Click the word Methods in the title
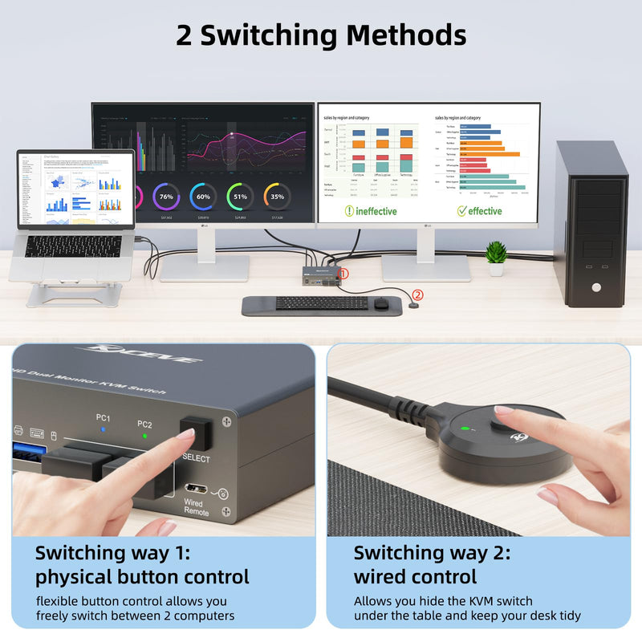pos(405,35)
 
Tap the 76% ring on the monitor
pos(166,197)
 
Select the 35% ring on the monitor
pos(277,197)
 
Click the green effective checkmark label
pos(479,211)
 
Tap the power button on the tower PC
pos(595,286)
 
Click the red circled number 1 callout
pos(343,274)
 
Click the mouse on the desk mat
pos(380,303)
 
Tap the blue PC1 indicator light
pos(103,429)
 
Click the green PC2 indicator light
pos(144,436)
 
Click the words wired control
pos(415,576)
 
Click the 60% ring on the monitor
pos(203,197)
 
